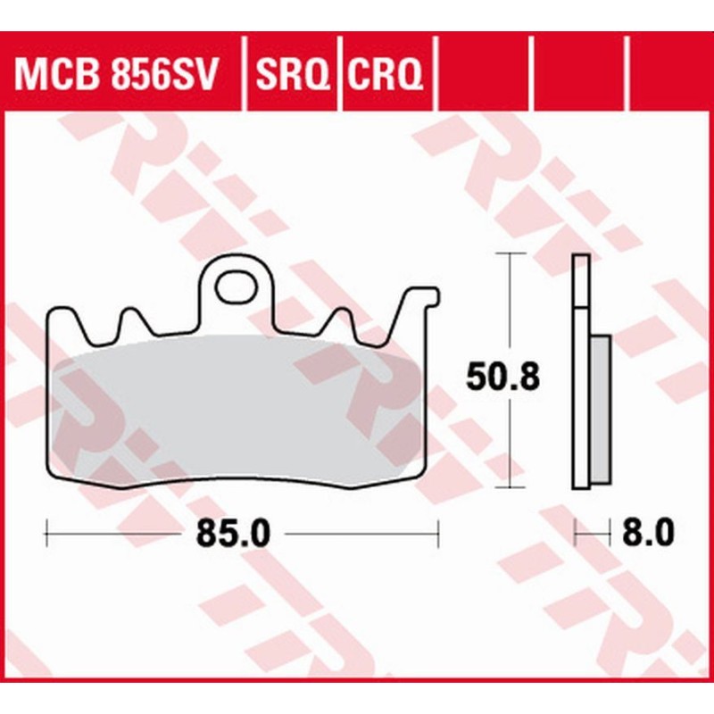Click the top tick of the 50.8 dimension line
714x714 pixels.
click(509, 253)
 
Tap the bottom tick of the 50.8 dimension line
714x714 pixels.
click(509, 488)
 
